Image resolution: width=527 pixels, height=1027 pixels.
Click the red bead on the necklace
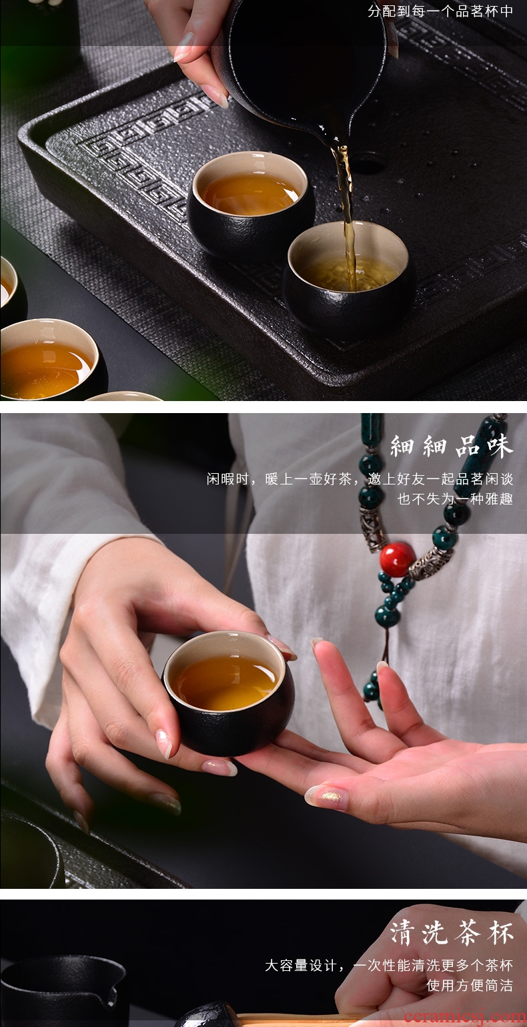397,559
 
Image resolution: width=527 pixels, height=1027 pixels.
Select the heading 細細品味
452,446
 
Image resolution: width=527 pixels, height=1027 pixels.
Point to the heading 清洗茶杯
452,932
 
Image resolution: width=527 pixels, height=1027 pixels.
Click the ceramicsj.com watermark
465,1016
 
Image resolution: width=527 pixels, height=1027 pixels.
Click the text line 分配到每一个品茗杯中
440,11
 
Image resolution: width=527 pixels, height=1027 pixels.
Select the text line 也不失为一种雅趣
455,498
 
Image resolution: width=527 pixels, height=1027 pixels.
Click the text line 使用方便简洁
469,985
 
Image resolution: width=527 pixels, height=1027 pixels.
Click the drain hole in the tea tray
366,163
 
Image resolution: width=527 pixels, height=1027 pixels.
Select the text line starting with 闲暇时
360,479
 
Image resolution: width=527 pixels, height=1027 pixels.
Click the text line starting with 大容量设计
389,965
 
